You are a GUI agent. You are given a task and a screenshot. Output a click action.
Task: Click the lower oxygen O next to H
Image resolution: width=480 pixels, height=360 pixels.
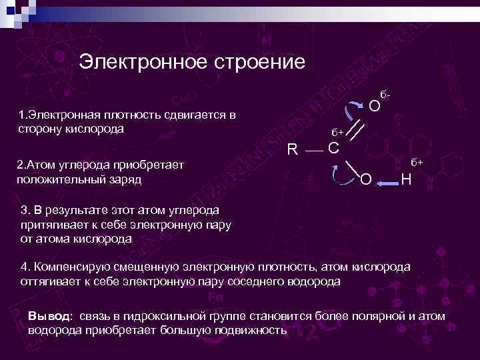[365, 179]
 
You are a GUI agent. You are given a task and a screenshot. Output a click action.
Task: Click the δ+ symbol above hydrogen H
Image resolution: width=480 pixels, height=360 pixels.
[417, 162]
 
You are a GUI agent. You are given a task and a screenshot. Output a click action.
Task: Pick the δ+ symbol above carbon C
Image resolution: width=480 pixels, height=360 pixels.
[338, 132]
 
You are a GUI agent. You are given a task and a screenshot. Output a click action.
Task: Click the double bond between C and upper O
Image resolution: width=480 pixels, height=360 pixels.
[355, 131]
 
